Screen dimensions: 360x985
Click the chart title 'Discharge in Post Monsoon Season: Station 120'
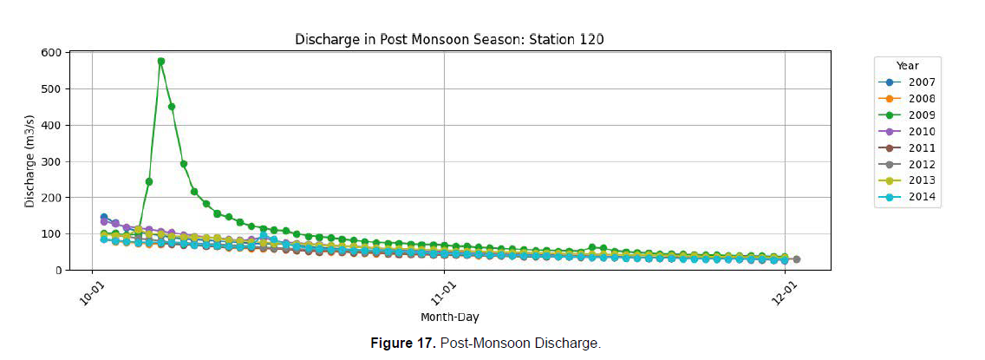(448, 39)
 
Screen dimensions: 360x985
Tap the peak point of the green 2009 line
(161, 62)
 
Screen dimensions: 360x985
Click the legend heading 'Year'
(908, 66)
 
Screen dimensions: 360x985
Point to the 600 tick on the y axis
(52, 53)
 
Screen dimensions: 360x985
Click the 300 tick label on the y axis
(52, 161)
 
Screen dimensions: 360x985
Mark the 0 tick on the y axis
(57, 271)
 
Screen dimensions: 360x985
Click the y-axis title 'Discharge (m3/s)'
(29, 161)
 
